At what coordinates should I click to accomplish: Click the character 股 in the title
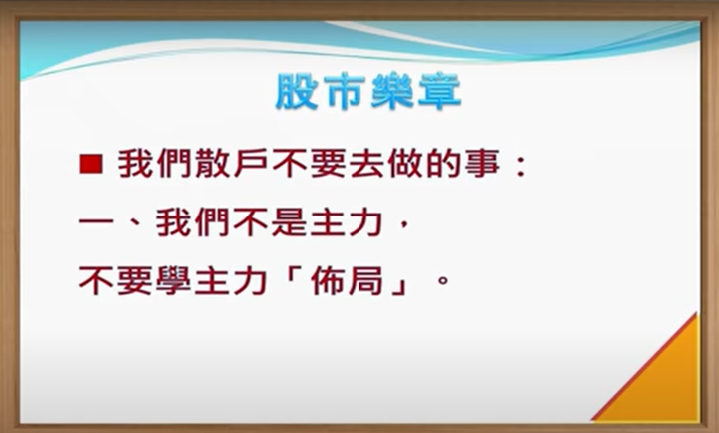297,91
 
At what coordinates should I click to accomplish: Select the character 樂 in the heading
392,91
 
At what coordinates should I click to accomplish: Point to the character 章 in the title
439,91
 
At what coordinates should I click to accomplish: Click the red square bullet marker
91,164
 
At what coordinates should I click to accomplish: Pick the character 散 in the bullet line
214,164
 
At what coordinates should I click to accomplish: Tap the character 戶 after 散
252,164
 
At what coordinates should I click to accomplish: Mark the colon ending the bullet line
521,166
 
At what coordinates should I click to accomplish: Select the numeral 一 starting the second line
96,223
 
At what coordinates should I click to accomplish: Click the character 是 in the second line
290,223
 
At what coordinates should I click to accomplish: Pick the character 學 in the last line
174,281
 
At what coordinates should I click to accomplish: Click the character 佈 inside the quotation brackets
328,281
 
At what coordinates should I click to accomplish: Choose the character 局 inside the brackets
365,281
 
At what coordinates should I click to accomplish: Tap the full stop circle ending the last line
443,280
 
